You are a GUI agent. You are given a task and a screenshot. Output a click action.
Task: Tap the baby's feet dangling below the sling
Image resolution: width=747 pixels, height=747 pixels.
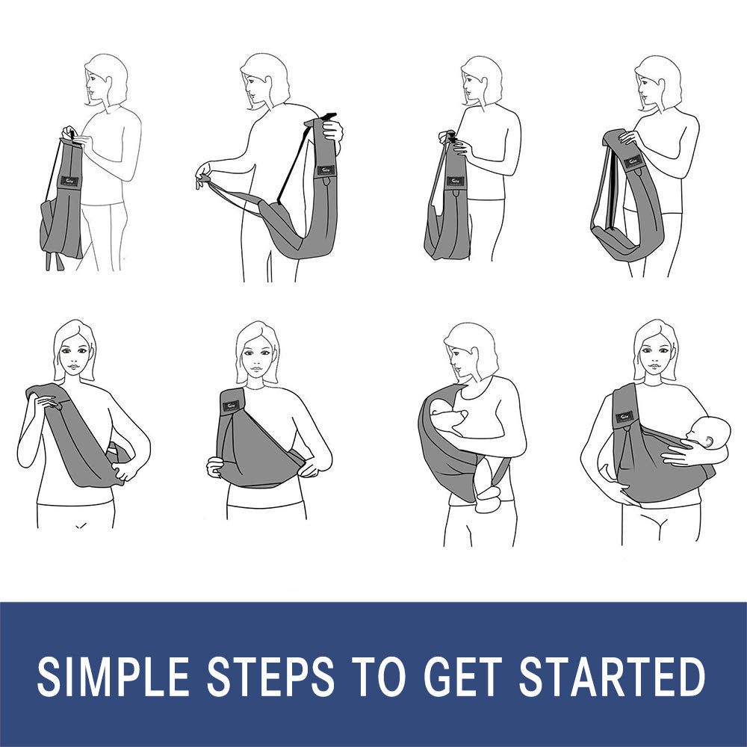click(x=490, y=496)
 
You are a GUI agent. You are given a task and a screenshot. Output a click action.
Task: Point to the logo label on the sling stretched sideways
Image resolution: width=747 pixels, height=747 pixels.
click(x=326, y=170)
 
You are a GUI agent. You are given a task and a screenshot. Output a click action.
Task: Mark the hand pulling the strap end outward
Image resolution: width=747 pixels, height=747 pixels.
click(x=204, y=176)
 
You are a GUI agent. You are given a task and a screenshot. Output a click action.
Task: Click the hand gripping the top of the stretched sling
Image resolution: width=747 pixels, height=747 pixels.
click(x=332, y=131)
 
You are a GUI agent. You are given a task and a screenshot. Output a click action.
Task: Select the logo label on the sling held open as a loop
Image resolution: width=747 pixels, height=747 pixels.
click(x=633, y=161)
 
